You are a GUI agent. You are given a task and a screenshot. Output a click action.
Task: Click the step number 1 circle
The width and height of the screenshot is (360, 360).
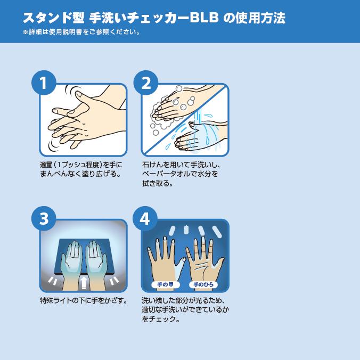click(44, 83)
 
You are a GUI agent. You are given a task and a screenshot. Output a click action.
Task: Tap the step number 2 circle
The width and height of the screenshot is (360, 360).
click(146, 83)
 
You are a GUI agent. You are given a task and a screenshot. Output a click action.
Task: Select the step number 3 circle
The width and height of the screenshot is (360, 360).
click(44, 218)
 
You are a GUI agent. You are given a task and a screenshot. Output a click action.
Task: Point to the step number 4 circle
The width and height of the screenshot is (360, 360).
click(145, 218)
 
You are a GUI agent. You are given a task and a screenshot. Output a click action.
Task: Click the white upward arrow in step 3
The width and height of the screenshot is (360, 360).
click(84, 283)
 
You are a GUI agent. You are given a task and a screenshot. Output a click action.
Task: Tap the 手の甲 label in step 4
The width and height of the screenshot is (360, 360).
click(166, 285)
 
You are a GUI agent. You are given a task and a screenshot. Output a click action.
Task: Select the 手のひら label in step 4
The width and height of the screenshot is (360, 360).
click(203, 285)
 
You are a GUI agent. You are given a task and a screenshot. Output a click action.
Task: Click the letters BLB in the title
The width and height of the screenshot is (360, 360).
click(204, 18)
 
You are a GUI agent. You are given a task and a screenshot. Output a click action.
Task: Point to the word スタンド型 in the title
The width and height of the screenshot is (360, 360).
click(54, 18)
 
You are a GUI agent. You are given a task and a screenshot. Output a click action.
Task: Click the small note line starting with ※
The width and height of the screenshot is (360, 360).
click(81, 32)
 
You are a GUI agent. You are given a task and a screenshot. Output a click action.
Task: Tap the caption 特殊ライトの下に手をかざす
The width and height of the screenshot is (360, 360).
click(84, 300)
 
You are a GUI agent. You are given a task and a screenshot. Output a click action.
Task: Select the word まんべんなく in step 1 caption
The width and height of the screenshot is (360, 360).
click(61, 174)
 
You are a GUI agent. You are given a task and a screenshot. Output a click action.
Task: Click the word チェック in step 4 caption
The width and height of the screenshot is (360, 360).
click(163, 319)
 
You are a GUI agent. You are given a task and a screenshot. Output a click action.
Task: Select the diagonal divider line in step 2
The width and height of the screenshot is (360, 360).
click(185, 120)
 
